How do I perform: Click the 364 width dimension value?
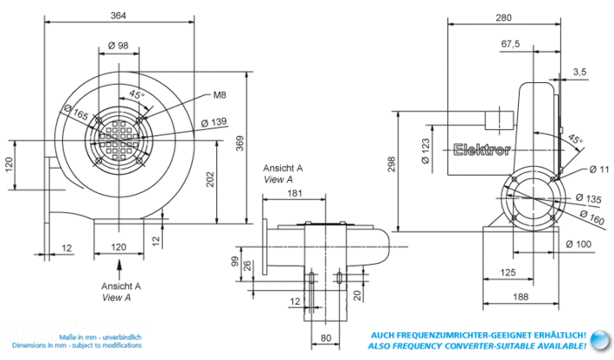click(x=118, y=16)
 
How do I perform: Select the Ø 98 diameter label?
click(x=118, y=46)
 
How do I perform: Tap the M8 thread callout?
click(x=220, y=95)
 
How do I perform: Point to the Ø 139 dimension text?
click(x=214, y=123)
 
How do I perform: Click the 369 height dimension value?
click(x=240, y=144)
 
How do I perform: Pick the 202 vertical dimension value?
click(x=210, y=179)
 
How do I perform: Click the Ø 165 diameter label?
click(x=75, y=112)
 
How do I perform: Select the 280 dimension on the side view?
click(x=503, y=17)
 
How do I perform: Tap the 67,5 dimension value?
click(x=510, y=43)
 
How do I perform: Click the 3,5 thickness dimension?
click(x=580, y=72)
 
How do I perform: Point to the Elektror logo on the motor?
click(x=482, y=150)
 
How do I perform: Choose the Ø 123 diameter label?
click(x=425, y=151)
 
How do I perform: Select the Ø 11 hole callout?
click(x=599, y=170)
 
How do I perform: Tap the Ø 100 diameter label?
click(x=579, y=244)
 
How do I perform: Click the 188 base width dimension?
click(x=521, y=297)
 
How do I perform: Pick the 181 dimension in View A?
click(x=295, y=193)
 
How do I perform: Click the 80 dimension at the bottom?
click(x=326, y=337)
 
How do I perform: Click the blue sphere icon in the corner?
click(x=601, y=340)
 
